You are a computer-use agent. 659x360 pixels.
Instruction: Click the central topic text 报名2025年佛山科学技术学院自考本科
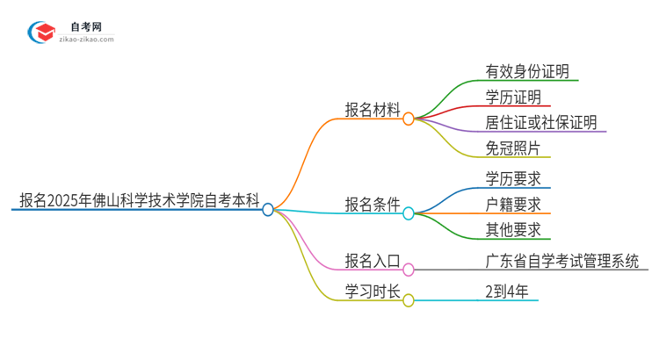click(x=139, y=200)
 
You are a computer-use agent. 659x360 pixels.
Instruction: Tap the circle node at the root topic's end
click(x=268, y=210)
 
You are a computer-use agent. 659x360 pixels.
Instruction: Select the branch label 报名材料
click(x=373, y=110)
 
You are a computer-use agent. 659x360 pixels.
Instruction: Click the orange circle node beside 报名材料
click(x=409, y=119)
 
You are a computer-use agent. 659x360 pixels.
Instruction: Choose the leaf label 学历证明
click(x=513, y=97)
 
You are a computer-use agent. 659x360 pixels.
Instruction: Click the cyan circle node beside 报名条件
click(x=409, y=212)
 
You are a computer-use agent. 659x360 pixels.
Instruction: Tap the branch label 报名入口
click(x=373, y=261)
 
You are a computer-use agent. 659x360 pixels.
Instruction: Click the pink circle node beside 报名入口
click(x=409, y=270)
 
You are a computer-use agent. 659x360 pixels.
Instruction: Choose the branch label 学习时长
click(x=373, y=291)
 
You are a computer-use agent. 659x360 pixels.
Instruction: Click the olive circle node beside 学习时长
click(x=409, y=300)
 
